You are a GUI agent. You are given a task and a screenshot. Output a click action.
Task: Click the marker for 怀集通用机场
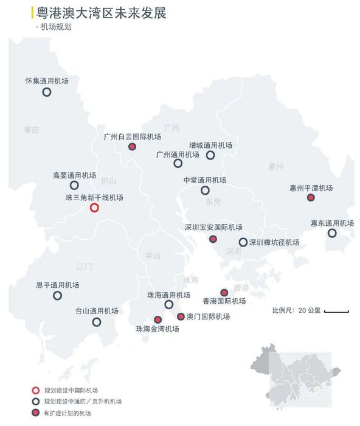point(46,92)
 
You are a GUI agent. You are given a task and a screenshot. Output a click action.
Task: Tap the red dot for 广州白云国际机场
point(132,147)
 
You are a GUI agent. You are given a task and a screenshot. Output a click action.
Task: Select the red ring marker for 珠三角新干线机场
point(94,208)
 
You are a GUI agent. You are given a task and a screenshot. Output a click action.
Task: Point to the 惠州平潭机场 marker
point(311,198)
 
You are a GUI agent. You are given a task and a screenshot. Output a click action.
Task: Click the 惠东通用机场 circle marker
point(332,233)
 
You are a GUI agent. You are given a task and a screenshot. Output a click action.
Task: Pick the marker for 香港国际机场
point(224,292)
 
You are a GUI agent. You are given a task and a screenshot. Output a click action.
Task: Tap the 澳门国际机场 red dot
point(181,316)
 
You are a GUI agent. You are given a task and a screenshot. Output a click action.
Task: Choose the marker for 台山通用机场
point(97,322)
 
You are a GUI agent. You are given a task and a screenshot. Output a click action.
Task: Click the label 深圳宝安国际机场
point(213,227)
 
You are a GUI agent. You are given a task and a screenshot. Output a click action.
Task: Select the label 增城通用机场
point(210,145)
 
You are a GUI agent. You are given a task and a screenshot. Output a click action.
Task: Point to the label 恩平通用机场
point(58,285)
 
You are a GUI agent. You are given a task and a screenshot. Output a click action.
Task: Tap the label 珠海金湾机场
point(157,329)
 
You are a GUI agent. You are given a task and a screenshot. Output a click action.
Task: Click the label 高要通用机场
point(74,175)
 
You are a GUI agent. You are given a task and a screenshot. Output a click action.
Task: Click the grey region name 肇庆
point(31,129)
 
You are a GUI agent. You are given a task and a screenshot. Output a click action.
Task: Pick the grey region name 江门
point(84,267)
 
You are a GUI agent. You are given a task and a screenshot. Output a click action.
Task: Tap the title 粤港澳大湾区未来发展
point(102,13)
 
